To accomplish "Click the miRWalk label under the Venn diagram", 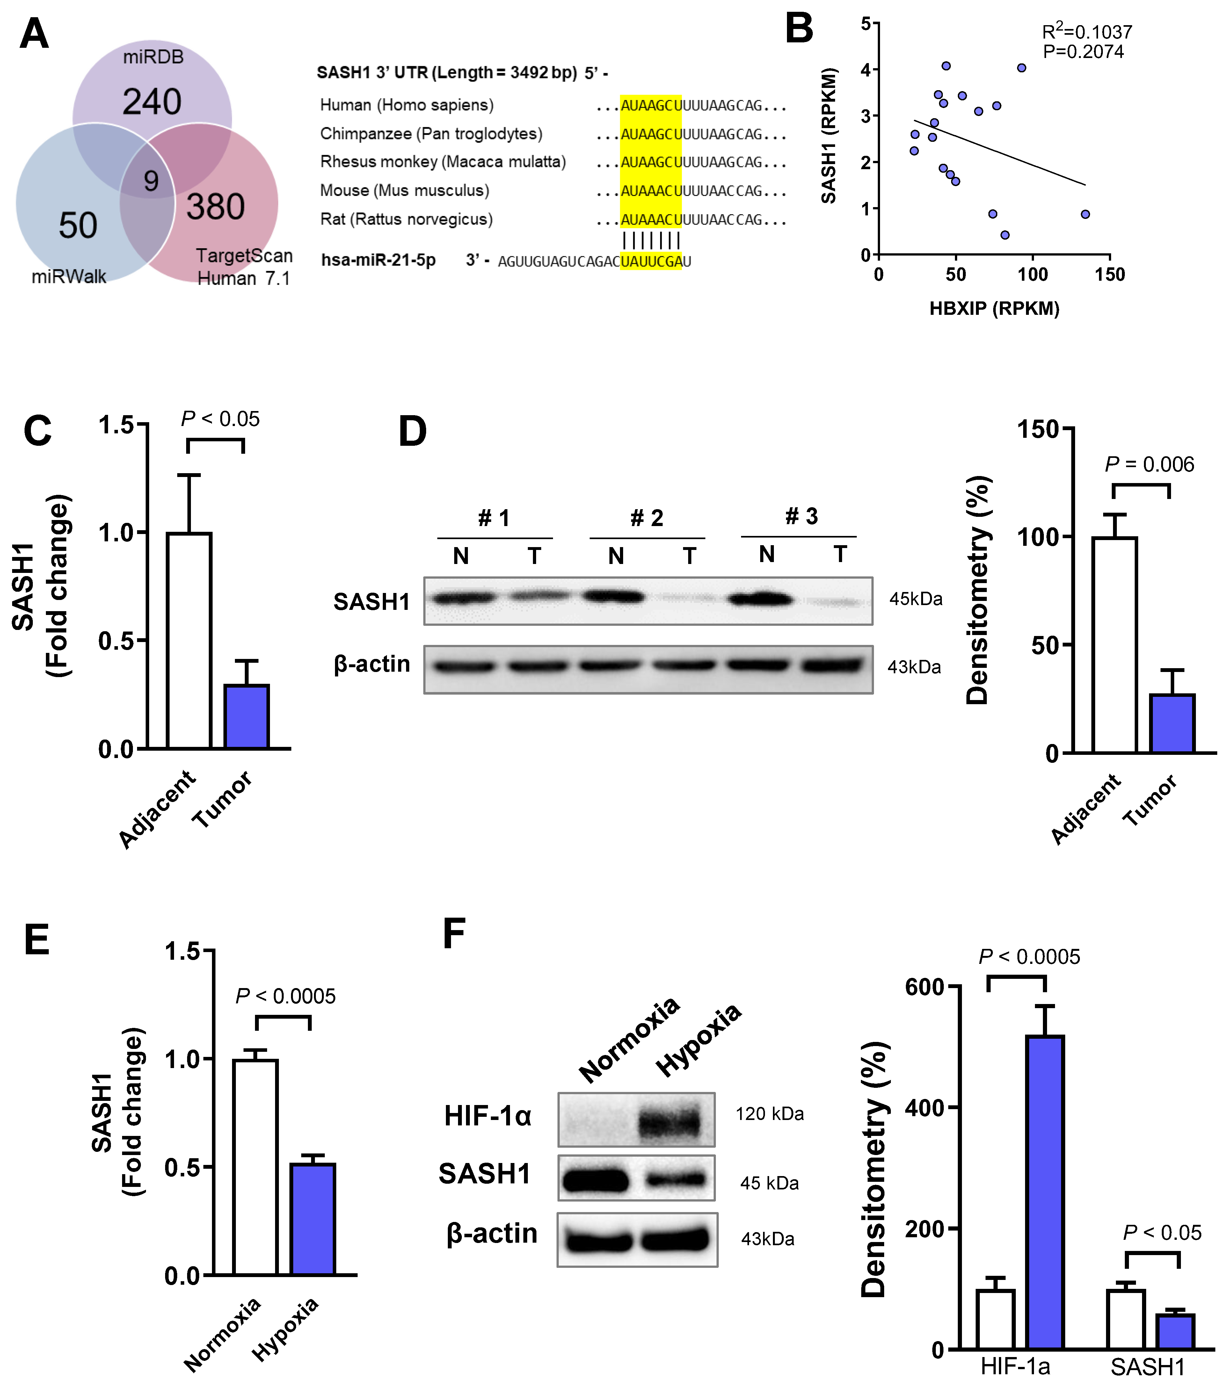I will point(69,277).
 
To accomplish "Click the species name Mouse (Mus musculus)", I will point(404,191).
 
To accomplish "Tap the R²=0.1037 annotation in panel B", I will point(1087,31).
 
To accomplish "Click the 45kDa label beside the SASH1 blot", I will point(916,599).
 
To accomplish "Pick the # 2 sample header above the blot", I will point(646,518).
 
